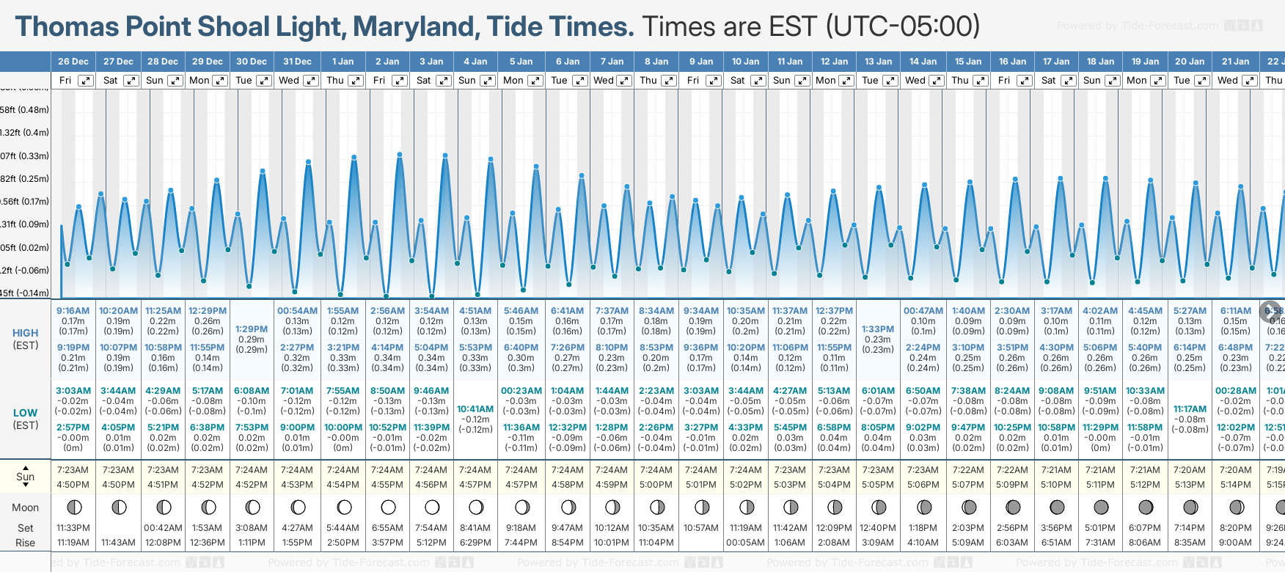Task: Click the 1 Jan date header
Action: pos(343,62)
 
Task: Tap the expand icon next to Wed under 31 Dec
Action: pos(311,81)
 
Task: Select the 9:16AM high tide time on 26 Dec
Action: pos(73,311)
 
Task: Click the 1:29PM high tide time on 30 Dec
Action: pos(252,329)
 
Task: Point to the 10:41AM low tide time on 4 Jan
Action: pos(475,409)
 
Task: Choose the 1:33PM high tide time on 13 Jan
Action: pos(878,329)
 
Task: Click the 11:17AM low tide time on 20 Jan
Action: pos(1190,409)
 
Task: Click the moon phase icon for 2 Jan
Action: pos(388,507)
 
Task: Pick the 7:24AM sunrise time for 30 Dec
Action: pos(252,470)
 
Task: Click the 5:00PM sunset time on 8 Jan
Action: pos(656,485)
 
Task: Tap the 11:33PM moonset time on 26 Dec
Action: pos(73,528)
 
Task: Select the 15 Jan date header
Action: pos(968,62)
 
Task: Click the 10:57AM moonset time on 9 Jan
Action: pos(700,528)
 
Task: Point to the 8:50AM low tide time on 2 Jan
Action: pos(387,391)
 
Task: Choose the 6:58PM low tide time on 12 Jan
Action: pos(834,428)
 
